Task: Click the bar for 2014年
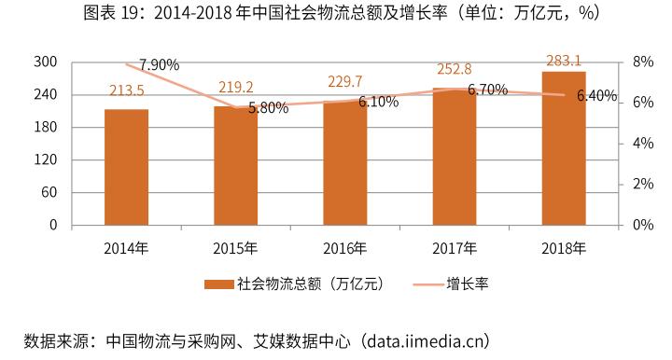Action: pos(126,168)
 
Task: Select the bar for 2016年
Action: pos(345,163)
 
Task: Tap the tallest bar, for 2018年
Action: pos(564,149)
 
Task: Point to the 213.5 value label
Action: pos(126,91)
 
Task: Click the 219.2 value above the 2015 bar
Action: pos(235,87)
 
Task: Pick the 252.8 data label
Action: pos(455,69)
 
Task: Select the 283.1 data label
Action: pos(564,61)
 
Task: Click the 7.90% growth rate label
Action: pos(159,65)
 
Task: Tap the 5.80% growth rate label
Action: pos(268,107)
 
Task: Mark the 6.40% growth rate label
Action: pos(596,96)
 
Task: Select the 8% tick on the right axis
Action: pos(643,62)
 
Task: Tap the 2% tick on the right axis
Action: pos(643,185)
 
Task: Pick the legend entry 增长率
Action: pos(467,284)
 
